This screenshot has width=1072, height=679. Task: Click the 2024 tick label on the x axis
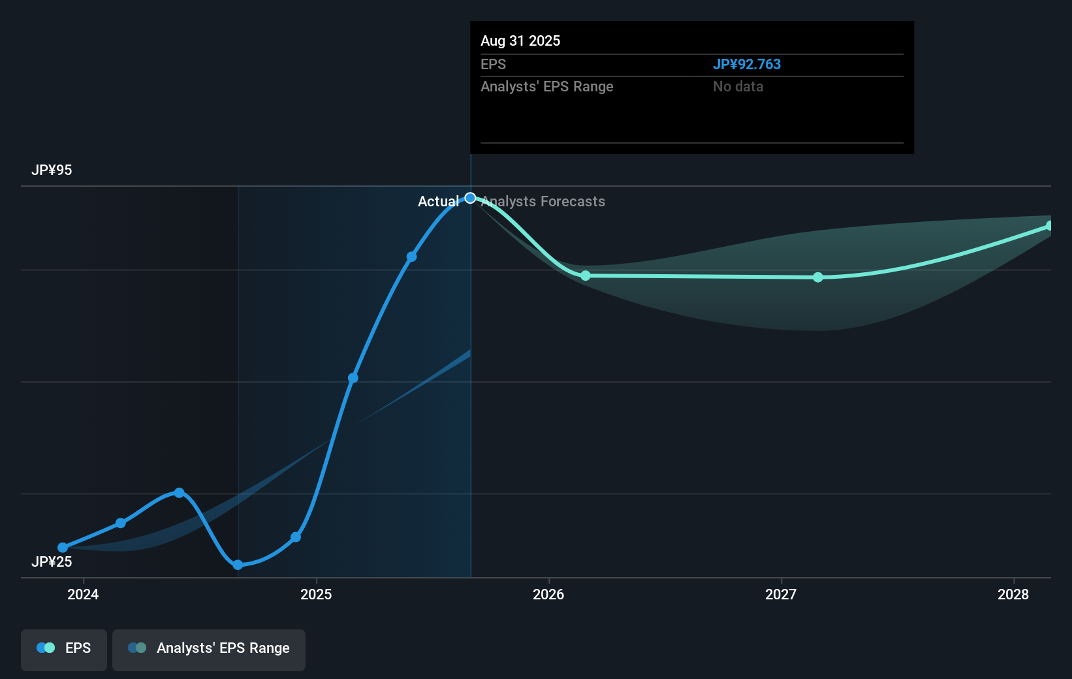point(83,594)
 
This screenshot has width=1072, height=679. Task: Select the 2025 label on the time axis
point(316,594)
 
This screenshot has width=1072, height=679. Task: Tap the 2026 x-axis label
point(548,594)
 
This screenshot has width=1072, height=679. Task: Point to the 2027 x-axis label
point(781,594)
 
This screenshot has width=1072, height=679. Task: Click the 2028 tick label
point(1013,594)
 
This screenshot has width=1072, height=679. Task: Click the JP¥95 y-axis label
point(52,170)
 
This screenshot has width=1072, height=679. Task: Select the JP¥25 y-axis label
point(52,561)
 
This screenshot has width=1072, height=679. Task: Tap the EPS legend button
point(64,649)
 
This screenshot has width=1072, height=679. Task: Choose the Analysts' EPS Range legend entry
point(209,649)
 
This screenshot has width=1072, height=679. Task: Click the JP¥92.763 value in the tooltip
point(746,65)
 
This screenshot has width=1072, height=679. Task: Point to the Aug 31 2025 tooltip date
point(520,40)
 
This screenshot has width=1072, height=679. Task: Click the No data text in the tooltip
point(738,87)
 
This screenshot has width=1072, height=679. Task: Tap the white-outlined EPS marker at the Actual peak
point(470,198)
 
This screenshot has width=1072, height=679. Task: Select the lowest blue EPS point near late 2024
point(238,565)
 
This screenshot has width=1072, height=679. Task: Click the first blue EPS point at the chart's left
point(63,548)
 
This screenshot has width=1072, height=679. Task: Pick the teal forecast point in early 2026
point(586,276)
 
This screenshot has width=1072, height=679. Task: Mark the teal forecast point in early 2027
point(818,277)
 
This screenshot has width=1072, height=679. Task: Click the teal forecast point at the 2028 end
point(1049,226)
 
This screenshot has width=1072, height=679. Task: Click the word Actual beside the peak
point(438,202)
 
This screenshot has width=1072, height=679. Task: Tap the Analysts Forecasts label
point(543,202)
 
